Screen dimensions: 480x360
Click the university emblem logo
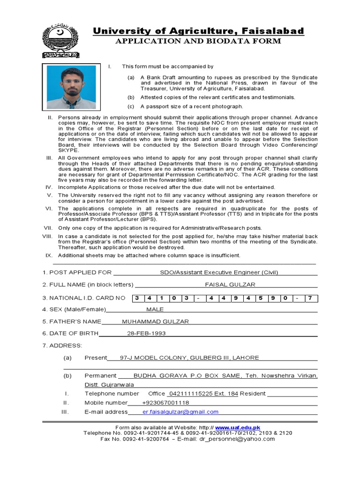[61, 41]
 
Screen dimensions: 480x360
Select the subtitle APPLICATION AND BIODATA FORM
[198, 41]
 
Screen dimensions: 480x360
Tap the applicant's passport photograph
[71, 87]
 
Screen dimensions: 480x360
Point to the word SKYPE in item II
[68, 150]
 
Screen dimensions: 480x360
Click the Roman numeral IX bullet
[48, 255]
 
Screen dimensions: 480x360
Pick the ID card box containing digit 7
[309, 298]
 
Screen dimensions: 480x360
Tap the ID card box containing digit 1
[161, 298]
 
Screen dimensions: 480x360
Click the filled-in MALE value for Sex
[155, 309]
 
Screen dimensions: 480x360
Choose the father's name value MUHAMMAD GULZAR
[155, 322]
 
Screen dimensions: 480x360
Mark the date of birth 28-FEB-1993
[146, 333]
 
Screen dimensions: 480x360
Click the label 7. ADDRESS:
[62, 345]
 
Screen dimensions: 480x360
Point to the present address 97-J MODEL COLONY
[189, 358]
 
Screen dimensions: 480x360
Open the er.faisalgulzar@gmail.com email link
[174, 412]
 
